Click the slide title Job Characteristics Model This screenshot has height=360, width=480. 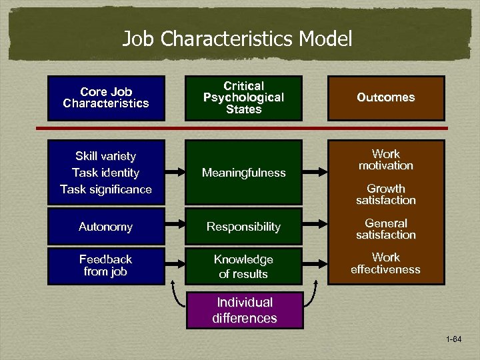pos(237,39)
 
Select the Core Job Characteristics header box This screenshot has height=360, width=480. pos(106,98)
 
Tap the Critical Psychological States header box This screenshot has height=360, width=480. pos(243,98)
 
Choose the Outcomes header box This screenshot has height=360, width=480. pos(385,98)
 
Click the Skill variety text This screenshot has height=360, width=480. pos(105,157)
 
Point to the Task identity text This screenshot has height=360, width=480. pos(105,173)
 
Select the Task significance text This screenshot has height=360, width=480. pos(105,189)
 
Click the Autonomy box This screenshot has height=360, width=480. pos(105,227)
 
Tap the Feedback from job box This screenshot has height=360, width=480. pos(105,265)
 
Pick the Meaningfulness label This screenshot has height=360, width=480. pos(243,173)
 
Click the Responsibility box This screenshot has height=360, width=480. pos(243,227)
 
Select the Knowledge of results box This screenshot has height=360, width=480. pos(243,266)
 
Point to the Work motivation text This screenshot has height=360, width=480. pos(385,160)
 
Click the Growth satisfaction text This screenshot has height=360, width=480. pos(385,195)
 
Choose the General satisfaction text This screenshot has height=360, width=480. pos(385,229)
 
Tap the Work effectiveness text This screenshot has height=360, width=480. pos(385,263)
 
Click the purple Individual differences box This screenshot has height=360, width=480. pos(244,310)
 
